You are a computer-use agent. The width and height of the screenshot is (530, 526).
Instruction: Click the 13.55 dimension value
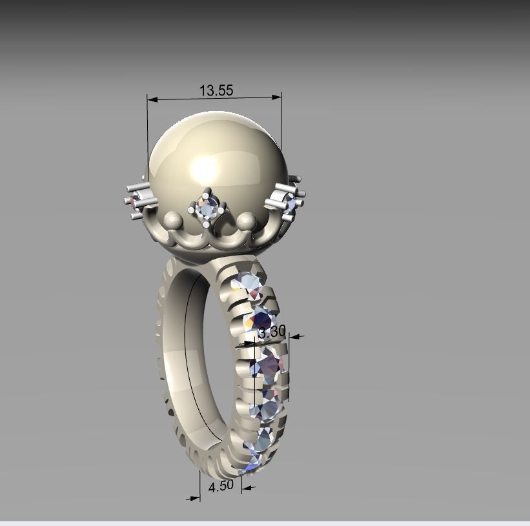[x=216, y=90]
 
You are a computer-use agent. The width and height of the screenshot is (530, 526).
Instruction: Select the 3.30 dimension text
[x=271, y=332]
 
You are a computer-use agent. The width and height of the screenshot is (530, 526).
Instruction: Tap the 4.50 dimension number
[x=220, y=485]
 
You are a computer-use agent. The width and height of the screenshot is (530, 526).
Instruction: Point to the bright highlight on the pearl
[x=205, y=169]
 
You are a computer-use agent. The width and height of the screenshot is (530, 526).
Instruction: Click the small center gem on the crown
[x=208, y=207]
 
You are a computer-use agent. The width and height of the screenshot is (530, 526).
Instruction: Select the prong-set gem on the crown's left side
[x=135, y=201]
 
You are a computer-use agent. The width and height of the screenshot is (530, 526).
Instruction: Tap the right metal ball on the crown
[x=246, y=221]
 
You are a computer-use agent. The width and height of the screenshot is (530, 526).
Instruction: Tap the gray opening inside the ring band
[x=209, y=361]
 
